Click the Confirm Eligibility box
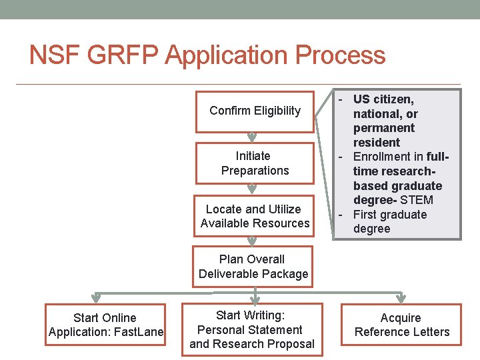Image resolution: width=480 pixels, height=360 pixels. click(254, 111)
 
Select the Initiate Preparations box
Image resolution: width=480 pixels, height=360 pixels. click(254, 163)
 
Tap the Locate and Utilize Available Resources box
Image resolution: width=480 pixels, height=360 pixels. click(254, 216)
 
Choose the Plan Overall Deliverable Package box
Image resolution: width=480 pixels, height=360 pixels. click(253, 267)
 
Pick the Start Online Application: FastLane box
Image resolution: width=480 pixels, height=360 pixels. click(105, 325)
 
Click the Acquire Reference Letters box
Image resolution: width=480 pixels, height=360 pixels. click(401, 325)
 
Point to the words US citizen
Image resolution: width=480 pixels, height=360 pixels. click(383, 99)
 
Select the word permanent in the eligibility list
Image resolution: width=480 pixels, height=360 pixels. click(384, 128)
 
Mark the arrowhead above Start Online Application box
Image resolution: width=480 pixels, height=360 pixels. click(96, 298)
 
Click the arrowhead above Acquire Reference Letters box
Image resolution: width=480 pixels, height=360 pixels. click(402, 298)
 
